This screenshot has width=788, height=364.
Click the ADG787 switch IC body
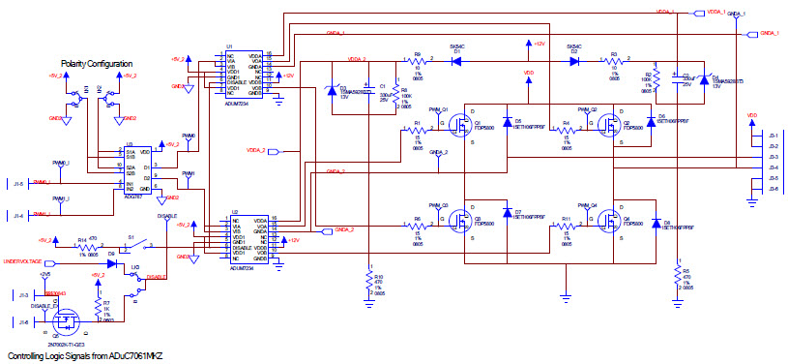pos(131,169)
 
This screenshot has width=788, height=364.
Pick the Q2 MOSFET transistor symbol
pos(607,125)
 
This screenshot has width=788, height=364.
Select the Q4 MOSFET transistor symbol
pos(607,220)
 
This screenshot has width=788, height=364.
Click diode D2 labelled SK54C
pos(574,60)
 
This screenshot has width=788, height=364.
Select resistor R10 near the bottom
pos(368,282)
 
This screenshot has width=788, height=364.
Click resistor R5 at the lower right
pos(675,282)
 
